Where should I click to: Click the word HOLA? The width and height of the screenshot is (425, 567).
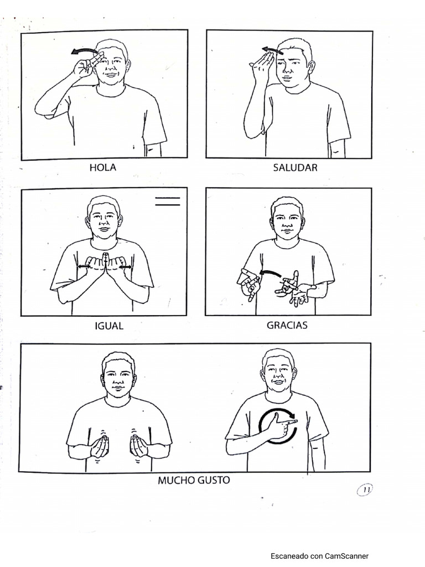pos(103,168)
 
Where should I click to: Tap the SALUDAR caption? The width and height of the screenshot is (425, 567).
pos(295,168)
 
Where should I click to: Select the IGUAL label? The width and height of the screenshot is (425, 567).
pos(108,326)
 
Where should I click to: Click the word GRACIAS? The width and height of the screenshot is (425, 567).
pos(287,325)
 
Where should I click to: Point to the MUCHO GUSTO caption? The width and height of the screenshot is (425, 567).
pos(194,480)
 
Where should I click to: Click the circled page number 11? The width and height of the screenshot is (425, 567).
pos(365,489)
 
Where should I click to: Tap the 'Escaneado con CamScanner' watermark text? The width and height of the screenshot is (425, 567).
pos(319,556)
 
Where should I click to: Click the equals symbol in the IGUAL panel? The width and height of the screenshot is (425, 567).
pos(168,202)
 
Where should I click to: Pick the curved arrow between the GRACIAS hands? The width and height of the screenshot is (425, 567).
pos(271,274)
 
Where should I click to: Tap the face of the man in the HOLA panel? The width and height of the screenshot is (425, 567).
pos(111,63)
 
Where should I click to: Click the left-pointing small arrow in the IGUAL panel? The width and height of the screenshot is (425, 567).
pos(84,267)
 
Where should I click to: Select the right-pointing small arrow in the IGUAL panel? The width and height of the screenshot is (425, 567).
pos(126,267)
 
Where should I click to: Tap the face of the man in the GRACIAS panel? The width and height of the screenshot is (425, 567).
pos(287,220)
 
